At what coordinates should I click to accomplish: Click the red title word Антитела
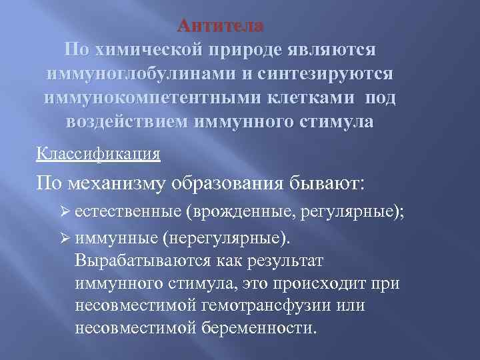pos(221,26)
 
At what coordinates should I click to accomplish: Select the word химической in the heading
pos(156,50)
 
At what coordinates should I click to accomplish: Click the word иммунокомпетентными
pos(149,98)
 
